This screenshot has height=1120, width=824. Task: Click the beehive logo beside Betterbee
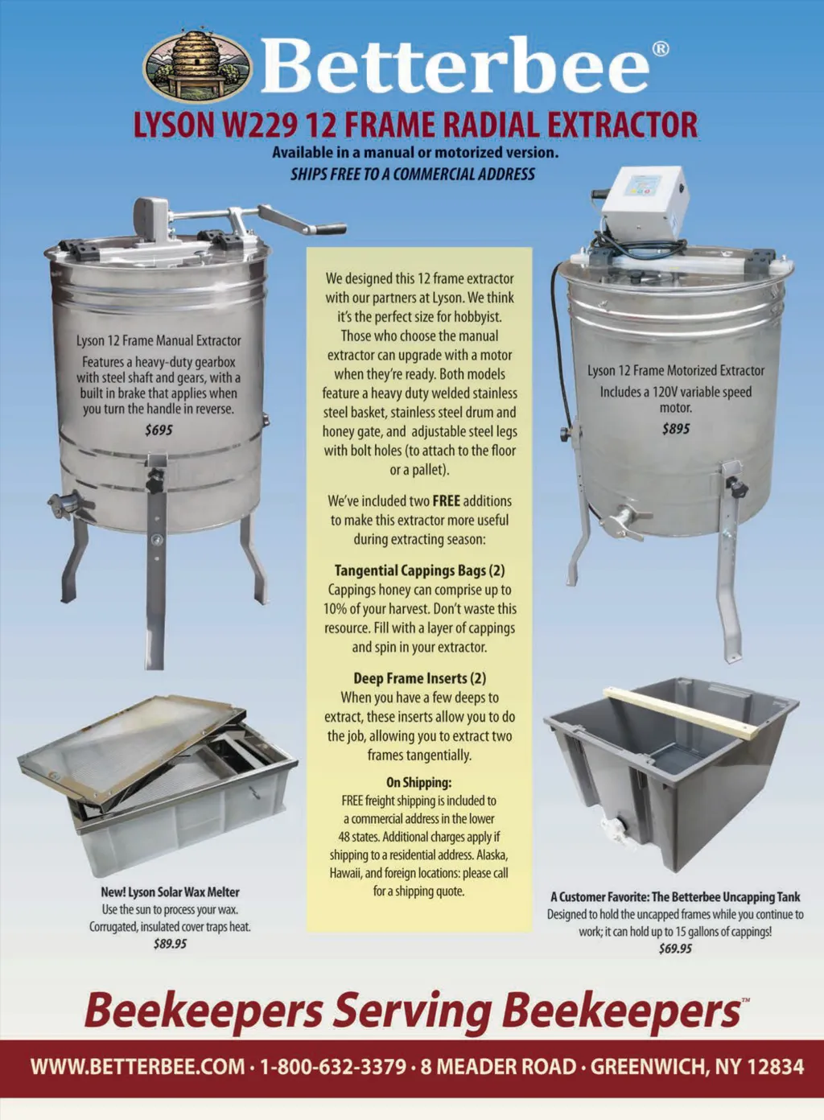pyautogui.click(x=199, y=64)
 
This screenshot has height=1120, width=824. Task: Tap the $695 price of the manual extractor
pyautogui.click(x=159, y=430)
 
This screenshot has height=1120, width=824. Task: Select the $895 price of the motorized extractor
pyautogui.click(x=675, y=429)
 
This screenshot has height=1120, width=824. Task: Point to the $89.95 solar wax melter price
pyautogui.click(x=170, y=944)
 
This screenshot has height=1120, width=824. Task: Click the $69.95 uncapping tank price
pyautogui.click(x=675, y=949)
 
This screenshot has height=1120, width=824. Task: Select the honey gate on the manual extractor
pyautogui.click(x=64, y=504)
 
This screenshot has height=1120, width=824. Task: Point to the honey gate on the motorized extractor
pyautogui.click(x=624, y=523)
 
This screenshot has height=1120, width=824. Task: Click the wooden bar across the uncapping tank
pyautogui.click(x=681, y=712)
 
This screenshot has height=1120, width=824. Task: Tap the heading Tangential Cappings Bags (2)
pyautogui.click(x=419, y=570)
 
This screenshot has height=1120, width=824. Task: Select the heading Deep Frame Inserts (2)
pyautogui.click(x=419, y=678)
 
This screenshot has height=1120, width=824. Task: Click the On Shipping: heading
pyautogui.click(x=419, y=782)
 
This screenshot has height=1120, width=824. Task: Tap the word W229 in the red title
pyautogui.click(x=258, y=125)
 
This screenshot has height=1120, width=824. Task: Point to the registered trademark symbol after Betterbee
pyautogui.click(x=660, y=49)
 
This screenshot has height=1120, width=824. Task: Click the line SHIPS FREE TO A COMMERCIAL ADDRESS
pyautogui.click(x=413, y=174)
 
